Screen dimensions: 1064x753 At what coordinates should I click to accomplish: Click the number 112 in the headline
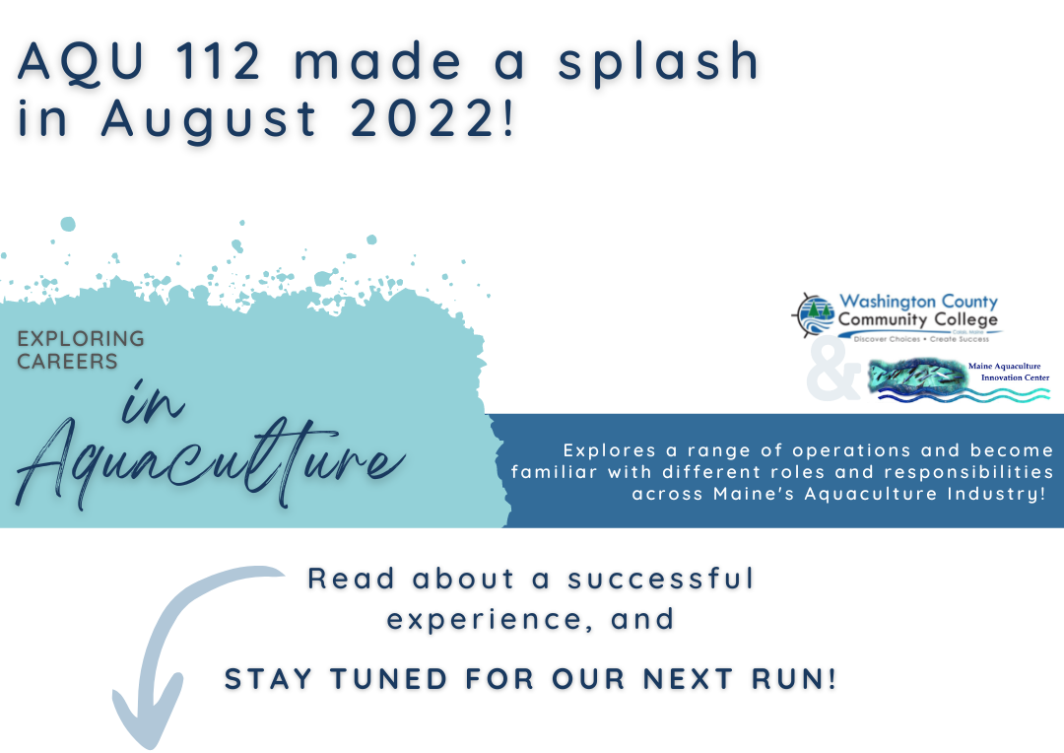pos(217,61)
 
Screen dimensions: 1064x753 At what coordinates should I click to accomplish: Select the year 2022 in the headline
pos(424,119)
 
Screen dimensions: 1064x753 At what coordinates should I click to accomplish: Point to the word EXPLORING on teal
pos(81,338)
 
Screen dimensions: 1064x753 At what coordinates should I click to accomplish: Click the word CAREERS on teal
pos(67,361)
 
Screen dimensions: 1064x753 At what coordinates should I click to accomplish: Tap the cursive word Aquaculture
pos(211,461)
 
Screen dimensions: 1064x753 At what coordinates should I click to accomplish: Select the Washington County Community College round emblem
pos(813,315)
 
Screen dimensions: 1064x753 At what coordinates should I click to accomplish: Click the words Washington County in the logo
pos(918,302)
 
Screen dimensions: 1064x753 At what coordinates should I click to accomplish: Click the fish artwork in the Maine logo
pos(917,376)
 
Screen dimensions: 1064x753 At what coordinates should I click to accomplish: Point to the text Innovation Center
pos(1015,377)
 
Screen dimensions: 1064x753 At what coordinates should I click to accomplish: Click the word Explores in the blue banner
pos(610,450)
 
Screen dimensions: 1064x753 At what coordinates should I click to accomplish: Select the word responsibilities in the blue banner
pos(968,472)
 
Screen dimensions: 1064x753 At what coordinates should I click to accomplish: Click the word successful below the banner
pos(660,580)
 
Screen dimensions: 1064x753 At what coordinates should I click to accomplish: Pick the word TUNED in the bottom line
pos(389,679)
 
